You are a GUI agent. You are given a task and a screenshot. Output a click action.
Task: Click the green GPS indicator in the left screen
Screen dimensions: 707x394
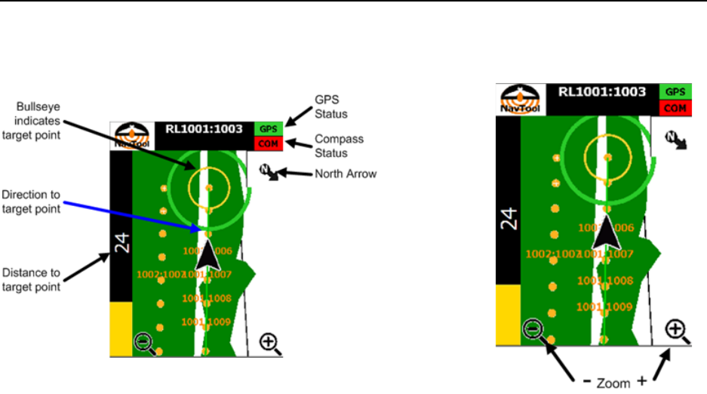point(266,129)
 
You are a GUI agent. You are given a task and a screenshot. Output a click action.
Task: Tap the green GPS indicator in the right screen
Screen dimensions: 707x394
point(676,91)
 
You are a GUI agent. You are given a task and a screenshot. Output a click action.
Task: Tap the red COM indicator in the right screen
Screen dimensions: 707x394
point(676,107)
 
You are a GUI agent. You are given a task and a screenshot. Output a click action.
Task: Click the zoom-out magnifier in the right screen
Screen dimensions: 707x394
point(533,330)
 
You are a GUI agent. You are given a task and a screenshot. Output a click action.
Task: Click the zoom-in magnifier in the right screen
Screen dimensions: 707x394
point(676,330)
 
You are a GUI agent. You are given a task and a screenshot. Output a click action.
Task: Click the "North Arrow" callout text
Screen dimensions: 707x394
point(347,174)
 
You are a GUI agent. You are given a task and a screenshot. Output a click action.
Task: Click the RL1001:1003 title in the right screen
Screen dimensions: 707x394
point(601,92)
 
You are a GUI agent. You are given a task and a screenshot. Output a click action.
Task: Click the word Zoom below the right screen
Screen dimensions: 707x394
point(612,383)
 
